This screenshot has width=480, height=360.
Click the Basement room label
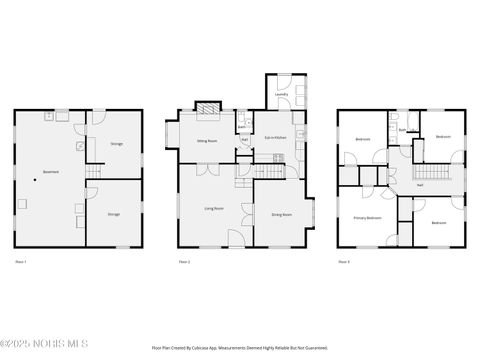(x=50, y=172)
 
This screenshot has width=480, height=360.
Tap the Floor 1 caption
(x=20, y=262)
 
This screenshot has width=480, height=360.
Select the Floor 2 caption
(x=184, y=262)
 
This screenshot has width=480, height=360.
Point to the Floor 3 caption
(x=343, y=262)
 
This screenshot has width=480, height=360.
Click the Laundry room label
(x=281, y=94)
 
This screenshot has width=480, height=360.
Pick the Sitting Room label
(x=207, y=142)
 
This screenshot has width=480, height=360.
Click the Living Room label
(x=214, y=208)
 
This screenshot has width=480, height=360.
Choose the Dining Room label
(x=281, y=214)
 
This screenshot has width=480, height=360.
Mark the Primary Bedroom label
(x=367, y=217)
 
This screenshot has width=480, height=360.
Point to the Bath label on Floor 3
(x=401, y=129)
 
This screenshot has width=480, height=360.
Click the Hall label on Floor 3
(x=419, y=185)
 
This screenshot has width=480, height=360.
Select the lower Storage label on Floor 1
(x=114, y=213)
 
